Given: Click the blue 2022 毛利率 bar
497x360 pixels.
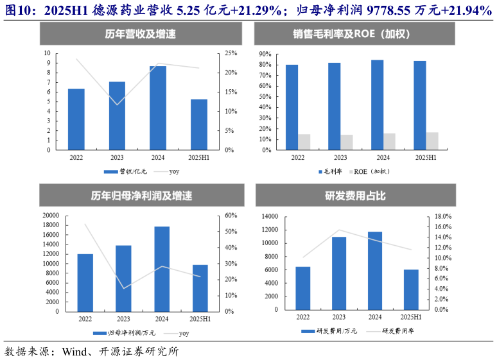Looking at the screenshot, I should (292, 107).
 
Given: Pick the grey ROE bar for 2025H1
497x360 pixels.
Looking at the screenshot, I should (433, 141).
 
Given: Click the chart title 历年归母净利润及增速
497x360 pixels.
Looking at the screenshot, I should (141, 196).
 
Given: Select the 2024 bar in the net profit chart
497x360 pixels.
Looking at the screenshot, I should (162, 269).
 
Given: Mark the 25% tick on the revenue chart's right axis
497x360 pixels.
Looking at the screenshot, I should (231, 53).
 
